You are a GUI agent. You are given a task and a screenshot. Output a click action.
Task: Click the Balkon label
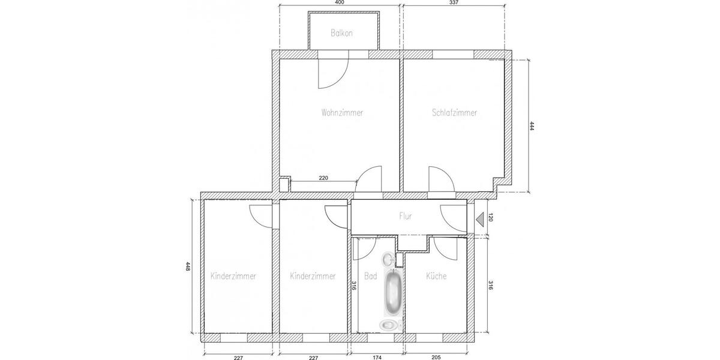coord(341,33)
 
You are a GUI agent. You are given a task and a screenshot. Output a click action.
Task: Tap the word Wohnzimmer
coord(342,112)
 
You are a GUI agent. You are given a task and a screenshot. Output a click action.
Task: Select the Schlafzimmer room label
coord(454,112)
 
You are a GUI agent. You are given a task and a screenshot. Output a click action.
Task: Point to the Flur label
coord(406,216)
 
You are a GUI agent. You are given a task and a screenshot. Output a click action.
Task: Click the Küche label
coord(436,276)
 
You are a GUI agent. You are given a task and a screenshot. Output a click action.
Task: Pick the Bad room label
coord(370,277)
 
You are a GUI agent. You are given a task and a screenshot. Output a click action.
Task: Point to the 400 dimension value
coord(339,3)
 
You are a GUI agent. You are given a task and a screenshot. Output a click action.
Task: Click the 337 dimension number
coord(454,3)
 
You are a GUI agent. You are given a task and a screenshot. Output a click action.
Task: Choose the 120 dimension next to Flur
coord(490,217)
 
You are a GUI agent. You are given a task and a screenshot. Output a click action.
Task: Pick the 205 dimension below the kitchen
coord(436,357)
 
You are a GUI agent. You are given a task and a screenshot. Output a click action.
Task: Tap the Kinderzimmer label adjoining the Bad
coord(313,276)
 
